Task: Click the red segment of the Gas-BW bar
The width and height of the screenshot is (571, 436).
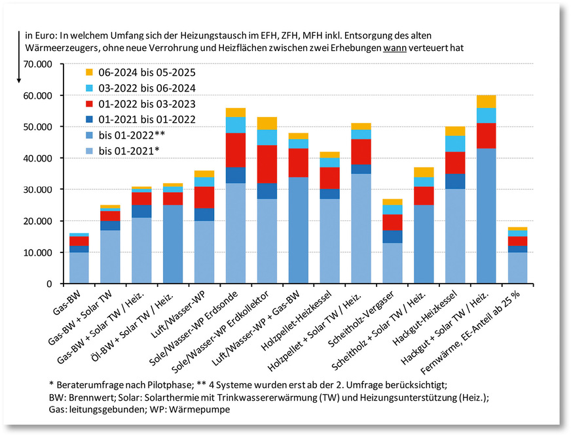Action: pyautogui.click(x=79, y=241)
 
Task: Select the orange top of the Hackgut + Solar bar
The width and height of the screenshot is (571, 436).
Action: pyautogui.click(x=486, y=101)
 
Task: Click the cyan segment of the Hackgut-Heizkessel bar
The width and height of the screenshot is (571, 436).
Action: pyautogui.click(x=454, y=144)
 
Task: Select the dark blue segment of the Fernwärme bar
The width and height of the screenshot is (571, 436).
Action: pyautogui.click(x=517, y=248)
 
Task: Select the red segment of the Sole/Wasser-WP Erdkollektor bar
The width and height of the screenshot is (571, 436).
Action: pyautogui.click(x=267, y=163)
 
